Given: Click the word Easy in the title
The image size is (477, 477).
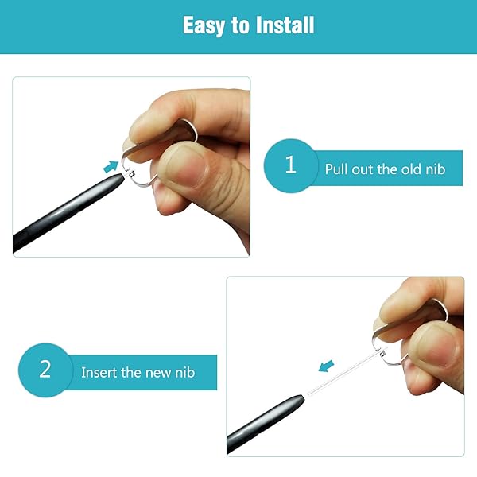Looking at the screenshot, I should [x=204, y=25].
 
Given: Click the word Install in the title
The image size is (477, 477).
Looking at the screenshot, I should [x=284, y=25].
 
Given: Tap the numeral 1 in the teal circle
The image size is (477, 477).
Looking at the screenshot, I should [x=290, y=165].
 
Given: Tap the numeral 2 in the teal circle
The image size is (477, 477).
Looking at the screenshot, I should [x=45, y=370].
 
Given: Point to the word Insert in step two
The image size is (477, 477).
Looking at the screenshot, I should [x=99, y=372].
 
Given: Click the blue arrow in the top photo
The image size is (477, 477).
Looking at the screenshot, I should [x=111, y=166].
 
